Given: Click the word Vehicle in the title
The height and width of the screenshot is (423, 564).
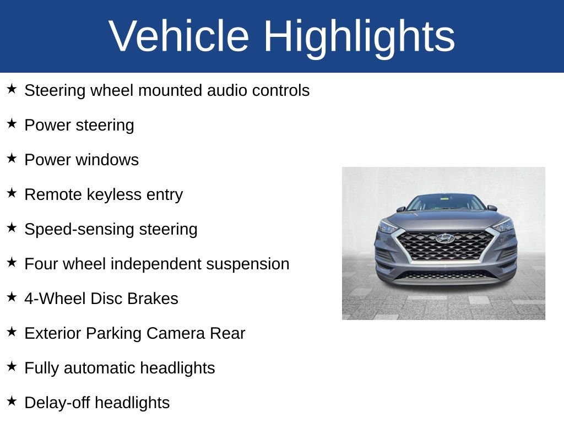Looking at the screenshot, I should click(179, 36).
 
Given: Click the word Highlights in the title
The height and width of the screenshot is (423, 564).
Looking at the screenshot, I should click(359, 36).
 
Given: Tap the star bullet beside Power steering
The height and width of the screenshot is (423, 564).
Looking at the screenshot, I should click(12, 124).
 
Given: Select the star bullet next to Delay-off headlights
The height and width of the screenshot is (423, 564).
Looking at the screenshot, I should click(12, 402).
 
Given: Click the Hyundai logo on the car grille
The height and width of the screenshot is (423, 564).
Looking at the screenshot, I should click(444, 238).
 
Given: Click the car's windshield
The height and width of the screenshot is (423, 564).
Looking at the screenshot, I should click(446, 203).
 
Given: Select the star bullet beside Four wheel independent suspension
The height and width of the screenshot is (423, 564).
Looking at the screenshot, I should click(12, 263).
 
